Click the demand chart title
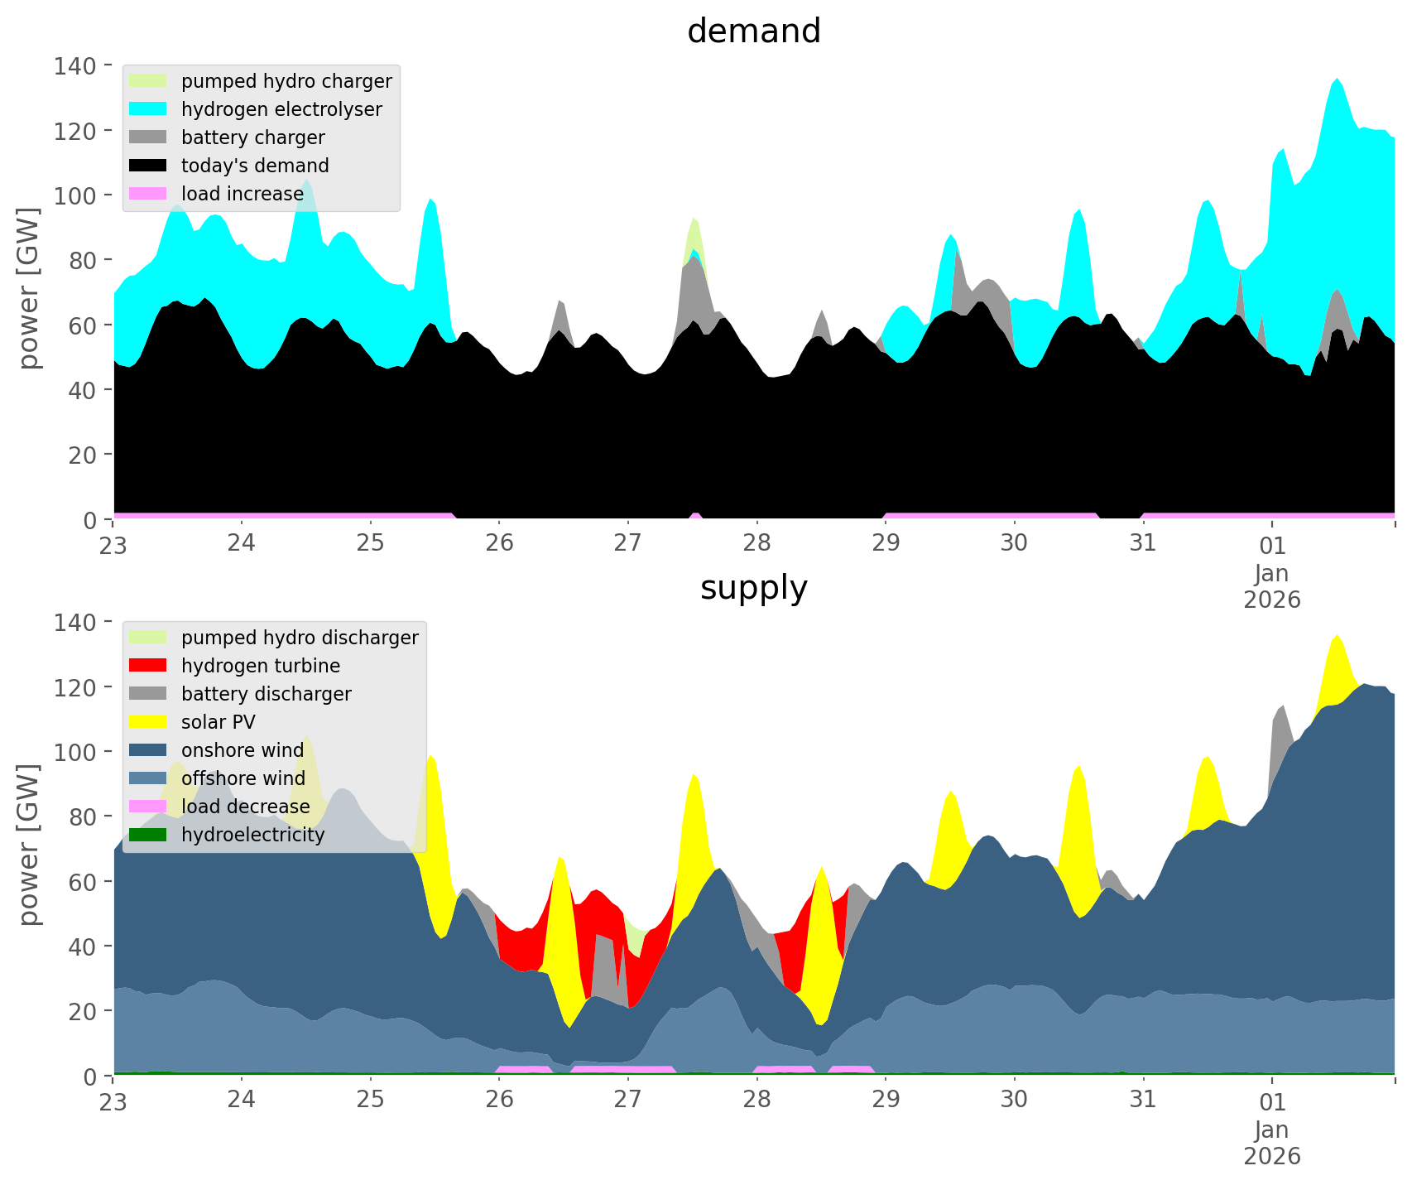[753, 31]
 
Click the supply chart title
[753, 588]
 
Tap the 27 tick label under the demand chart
[628, 543]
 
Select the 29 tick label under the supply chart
[886, 1100]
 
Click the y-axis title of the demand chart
[29, 288]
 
